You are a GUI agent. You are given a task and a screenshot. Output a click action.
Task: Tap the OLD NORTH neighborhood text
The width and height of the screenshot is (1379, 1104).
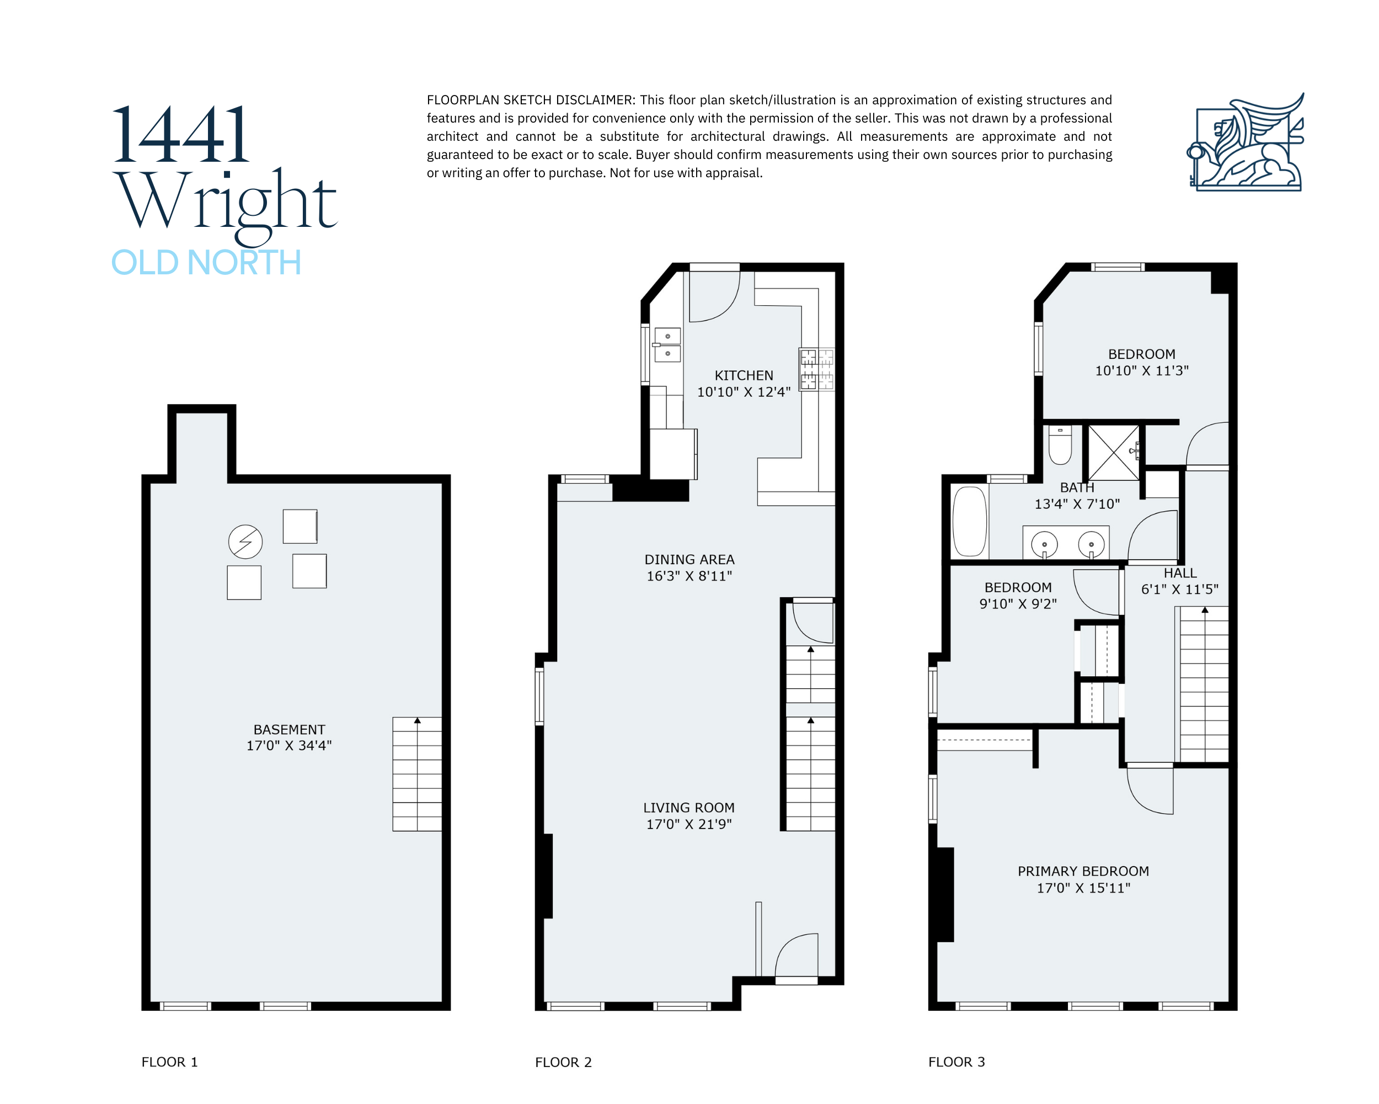pos(206,262)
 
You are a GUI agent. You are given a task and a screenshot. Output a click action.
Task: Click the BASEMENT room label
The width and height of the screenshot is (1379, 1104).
pos(289,730)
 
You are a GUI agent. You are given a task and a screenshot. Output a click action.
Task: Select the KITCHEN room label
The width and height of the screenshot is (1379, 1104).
pos(744,376)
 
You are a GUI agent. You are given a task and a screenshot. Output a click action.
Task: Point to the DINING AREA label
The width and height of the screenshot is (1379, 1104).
pos(689,559)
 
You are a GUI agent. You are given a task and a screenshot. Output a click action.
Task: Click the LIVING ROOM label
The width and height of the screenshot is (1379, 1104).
pos(689,808)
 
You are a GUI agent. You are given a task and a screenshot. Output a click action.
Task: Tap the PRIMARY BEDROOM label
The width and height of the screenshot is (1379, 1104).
pos(1083,871)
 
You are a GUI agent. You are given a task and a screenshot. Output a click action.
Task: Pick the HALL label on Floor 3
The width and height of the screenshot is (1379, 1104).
pos(1180,573)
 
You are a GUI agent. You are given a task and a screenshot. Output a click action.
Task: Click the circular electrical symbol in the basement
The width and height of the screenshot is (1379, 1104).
pos(245,542)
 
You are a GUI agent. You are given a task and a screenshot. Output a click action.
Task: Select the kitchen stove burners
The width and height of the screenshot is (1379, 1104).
pos(817,369)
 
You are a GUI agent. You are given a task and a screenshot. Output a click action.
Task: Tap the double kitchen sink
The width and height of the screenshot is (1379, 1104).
pos(667,345)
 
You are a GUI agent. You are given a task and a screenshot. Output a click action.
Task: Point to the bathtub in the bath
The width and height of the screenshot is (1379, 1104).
pos(970,522)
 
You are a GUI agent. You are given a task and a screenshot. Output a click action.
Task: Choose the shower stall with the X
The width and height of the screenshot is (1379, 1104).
pos(1114,453)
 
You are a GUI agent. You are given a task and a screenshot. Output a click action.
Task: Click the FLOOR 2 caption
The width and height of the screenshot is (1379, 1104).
pos(564,1063)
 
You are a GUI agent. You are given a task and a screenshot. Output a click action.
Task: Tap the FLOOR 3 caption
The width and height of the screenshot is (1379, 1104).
pos(957,1061)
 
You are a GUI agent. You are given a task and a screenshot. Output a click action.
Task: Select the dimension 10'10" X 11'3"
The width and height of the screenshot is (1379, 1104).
pos(1142,370)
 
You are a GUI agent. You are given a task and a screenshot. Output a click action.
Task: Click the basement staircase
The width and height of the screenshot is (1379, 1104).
pos(417,774)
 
